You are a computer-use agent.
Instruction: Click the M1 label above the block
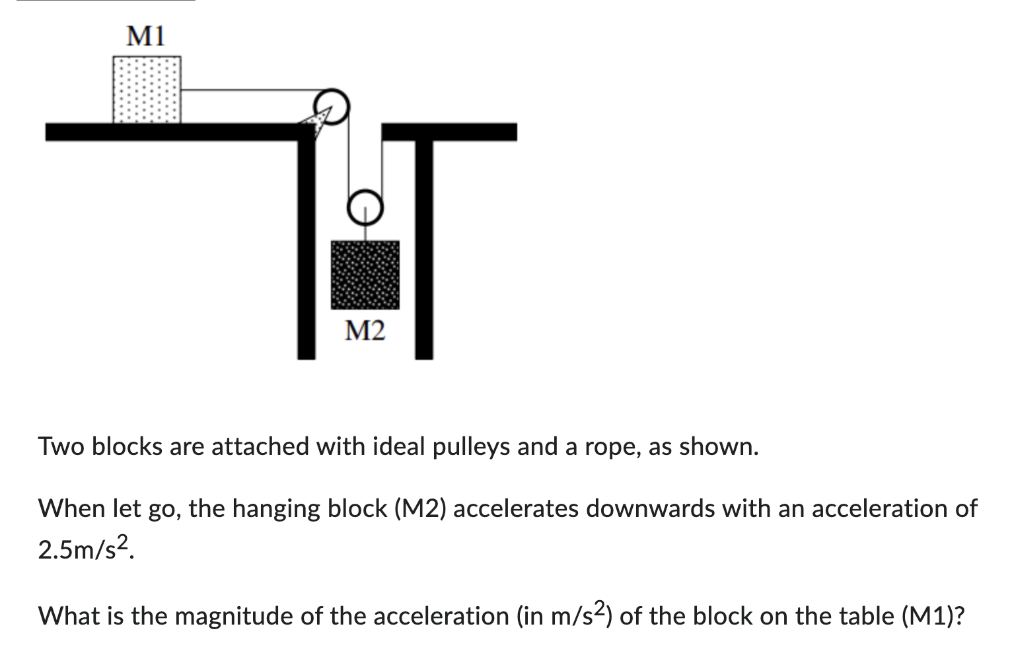click(x=145, y=36)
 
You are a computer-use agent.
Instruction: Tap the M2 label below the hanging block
click(x=365, y=331)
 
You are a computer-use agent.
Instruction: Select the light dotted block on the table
click(x=147, y=89)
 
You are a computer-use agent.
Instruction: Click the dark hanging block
click(x=365, y=275)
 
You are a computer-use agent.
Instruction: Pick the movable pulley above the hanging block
click(x=365, y=206)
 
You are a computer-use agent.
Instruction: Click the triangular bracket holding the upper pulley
click(x=313, y=123)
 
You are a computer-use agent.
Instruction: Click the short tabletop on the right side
click(x=449, y=132)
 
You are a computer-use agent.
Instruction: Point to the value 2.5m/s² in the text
click(x=86, y=549)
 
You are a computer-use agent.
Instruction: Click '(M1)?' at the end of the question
click(x=932, y=616)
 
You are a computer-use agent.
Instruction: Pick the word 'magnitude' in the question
click(x=236, y=617)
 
